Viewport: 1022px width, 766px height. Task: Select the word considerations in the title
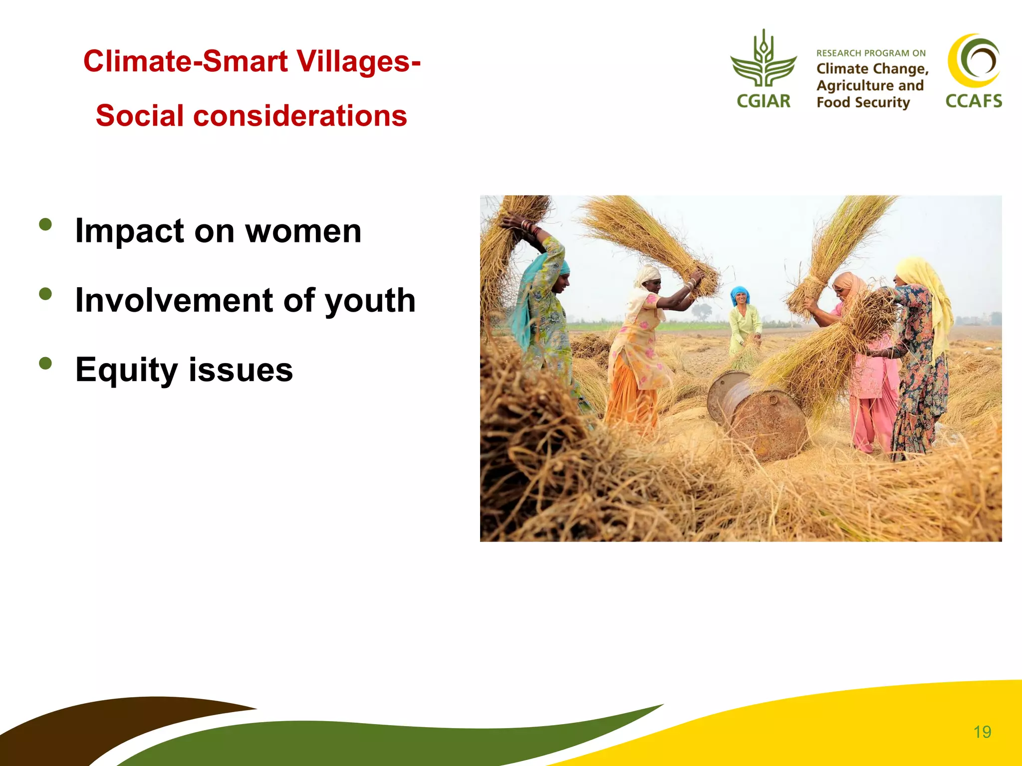(300, 116)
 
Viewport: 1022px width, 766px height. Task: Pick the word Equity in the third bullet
(126, 371)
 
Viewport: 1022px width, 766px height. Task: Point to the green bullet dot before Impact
(45, 224)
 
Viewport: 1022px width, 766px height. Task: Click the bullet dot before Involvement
(45, 294)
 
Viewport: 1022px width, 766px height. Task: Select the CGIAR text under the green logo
(764, 101)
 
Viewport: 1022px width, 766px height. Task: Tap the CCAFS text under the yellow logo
(974, 101)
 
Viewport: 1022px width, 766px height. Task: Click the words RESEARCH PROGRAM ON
(871, 53)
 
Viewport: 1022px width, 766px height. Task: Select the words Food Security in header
(863, 103)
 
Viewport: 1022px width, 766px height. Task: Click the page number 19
(982, 732)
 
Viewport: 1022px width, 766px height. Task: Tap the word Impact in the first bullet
(130, 231)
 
